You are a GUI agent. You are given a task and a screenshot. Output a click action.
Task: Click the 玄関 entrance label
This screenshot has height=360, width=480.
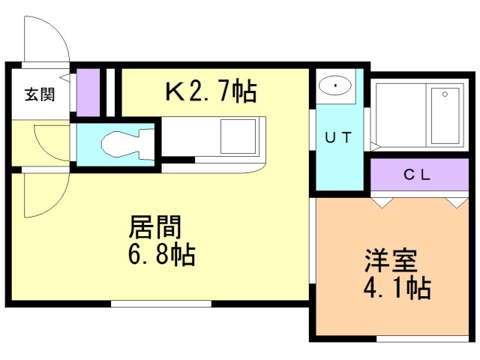click(x=38, y=94)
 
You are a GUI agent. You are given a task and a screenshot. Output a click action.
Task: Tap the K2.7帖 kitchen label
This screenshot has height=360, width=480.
click(x=211, y=91)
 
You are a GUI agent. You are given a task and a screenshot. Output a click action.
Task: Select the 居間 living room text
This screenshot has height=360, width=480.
click(x=157, y=226)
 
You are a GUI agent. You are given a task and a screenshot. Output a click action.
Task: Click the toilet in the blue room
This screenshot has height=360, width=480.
click(x=120, y=142)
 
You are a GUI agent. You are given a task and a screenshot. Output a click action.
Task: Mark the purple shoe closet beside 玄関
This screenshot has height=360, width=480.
click(x=88, y=91)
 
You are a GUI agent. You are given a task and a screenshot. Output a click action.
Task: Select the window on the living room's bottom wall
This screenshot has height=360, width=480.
click(x=161, y=304)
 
